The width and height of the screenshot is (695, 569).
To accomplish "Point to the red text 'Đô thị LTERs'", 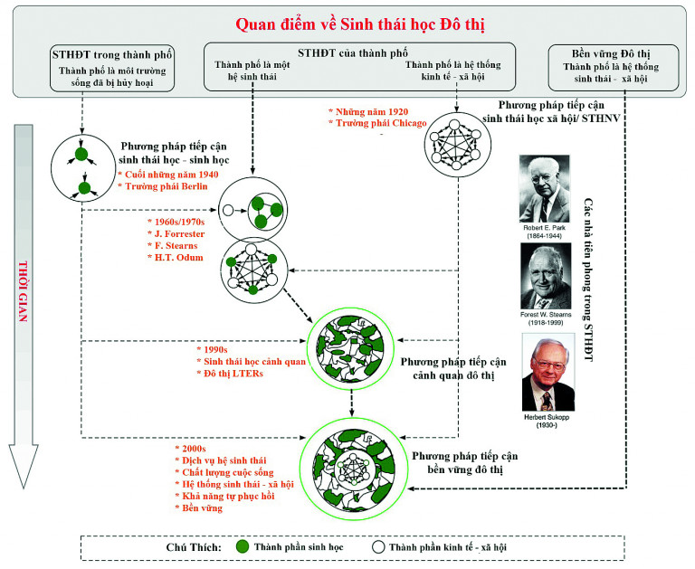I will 233,373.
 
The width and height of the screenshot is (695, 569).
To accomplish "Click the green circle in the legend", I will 243,546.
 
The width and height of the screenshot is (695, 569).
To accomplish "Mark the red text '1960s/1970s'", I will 179,220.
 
